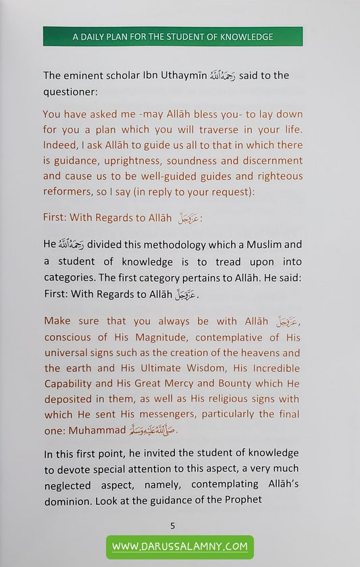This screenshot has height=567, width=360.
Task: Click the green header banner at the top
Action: [x=173, y=36]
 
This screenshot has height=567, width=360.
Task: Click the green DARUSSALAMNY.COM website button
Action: [x=179, y=546]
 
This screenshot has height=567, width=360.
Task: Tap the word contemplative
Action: [x=221, y=337]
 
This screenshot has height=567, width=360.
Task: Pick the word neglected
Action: [x=74, y=484]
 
